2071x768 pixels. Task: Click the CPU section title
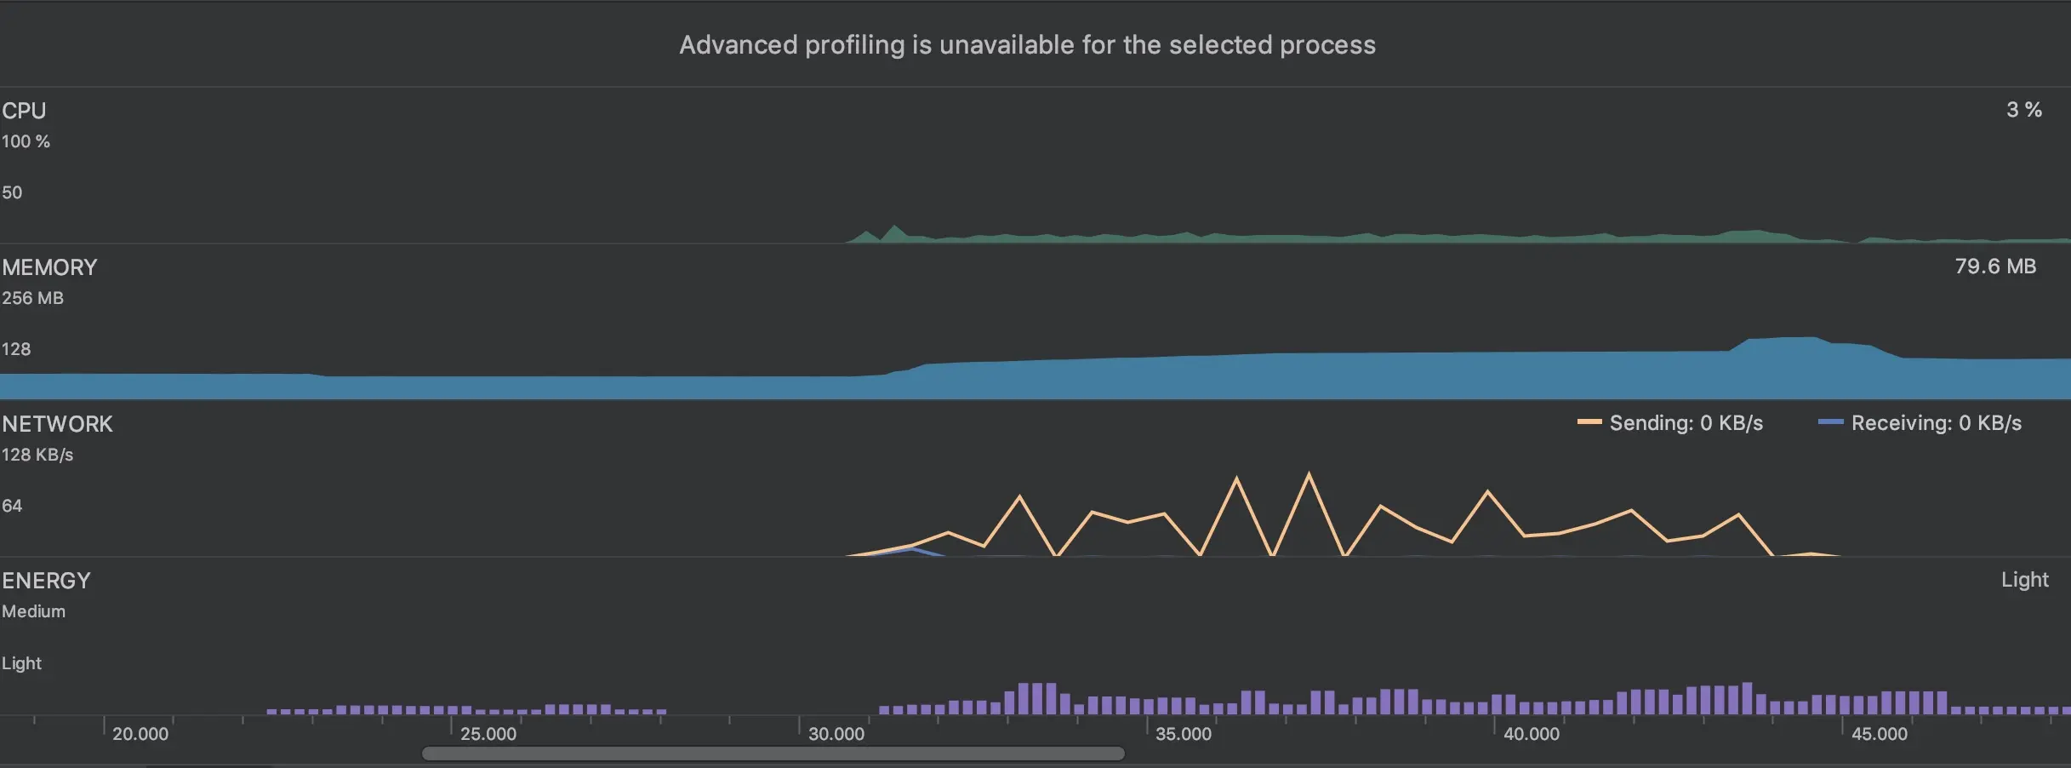coord(24,111)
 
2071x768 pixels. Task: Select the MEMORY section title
coord(49,267)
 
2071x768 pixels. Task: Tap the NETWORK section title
coord(57,424)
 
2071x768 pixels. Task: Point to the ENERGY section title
coord(46,581)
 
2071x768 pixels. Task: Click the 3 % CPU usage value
coord(2023,110)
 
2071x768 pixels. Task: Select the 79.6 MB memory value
coord(1994,267)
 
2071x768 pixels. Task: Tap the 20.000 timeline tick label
coord(140,734)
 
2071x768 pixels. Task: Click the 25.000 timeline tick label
coord(488,734)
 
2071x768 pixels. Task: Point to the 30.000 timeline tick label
coord(836,734)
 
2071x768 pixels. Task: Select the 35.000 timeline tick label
coord(1184,734)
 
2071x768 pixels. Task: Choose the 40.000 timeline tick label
coord(1532,734)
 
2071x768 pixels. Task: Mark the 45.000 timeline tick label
coord(1880,734)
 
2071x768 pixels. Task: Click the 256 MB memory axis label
coord(32,298)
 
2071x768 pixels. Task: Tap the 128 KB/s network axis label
coord(37,455)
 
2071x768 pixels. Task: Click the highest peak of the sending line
coord(1309,473)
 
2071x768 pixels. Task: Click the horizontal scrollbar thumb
coord(773,754)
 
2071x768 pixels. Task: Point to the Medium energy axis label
coord(33,611)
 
